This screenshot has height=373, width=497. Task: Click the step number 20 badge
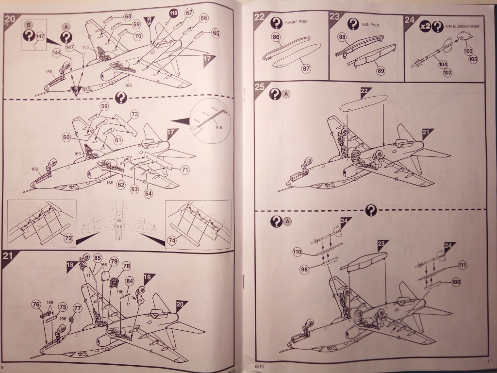coord(9,20)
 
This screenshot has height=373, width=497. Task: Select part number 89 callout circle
coord(381,71)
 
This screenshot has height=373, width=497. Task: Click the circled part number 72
coord(68,238)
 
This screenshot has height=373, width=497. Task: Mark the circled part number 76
coord(35,304)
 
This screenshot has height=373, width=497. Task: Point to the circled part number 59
coord(104,106)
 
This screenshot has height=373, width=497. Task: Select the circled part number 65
coord(215,34)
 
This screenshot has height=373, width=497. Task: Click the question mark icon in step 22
coord(276,22)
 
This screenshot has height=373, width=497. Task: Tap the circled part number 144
coord(57,52)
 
